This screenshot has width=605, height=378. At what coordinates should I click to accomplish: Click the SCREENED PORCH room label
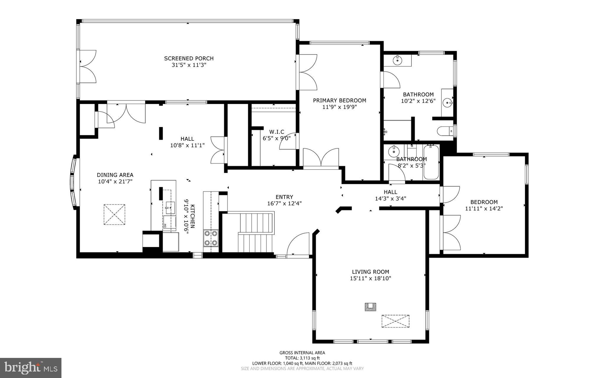(189, 59)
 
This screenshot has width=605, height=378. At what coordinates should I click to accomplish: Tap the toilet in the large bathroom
(445, 130)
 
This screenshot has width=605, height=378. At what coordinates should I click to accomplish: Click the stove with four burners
(211, 238)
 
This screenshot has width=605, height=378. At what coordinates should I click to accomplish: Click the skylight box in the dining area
(114, 215)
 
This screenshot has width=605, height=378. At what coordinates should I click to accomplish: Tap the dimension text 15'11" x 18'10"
(370, 278)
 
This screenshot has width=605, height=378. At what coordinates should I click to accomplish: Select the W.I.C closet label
(277, 132)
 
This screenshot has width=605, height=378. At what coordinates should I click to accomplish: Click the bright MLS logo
(31, 368)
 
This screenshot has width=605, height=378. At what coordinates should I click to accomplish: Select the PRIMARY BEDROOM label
(339, 100)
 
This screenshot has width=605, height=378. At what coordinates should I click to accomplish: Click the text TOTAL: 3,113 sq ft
(302, 358)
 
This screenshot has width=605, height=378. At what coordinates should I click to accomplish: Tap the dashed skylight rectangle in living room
(395, 321)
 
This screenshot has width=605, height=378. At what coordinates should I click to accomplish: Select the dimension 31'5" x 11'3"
(189, 65)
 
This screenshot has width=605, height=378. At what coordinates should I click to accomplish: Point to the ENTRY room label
(284, 197)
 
